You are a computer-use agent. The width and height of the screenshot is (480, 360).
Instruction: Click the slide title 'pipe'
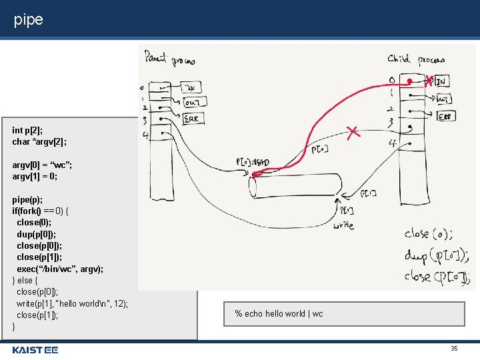(28, 20)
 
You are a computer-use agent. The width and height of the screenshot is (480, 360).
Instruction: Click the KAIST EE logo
(35, 349)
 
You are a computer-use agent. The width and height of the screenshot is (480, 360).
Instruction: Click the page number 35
(454, 349)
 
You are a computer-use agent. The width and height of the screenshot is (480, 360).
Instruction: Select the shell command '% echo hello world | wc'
(279, 313)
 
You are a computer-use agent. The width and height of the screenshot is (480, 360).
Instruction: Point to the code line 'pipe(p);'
(27, 199)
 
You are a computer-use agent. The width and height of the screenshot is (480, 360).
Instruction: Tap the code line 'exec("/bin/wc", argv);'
(60, 269)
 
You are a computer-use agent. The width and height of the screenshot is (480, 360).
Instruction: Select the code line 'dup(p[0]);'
(37, 234)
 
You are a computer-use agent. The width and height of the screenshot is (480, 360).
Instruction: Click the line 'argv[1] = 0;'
(35, 176)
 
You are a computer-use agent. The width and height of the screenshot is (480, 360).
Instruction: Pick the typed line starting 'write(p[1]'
(72, 303)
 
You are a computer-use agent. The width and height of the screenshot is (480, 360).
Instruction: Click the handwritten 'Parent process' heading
(169, 59)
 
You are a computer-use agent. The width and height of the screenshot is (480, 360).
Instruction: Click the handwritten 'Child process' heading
(416, 59)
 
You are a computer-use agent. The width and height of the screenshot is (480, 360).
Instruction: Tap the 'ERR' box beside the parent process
(193, 118)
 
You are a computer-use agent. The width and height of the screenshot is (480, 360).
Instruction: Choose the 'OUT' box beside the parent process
(193, 102)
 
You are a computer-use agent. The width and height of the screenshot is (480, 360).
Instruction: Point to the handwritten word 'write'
(344, 225)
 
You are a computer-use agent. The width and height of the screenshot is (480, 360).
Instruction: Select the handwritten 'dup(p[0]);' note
(436, 255)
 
